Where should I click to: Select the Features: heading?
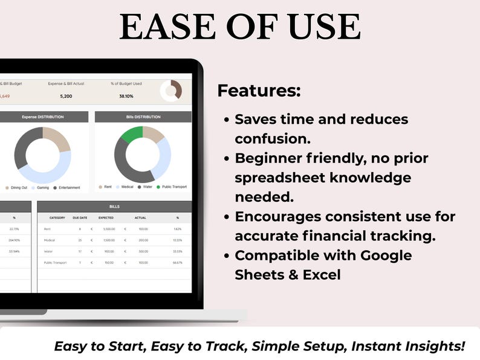point(259,91)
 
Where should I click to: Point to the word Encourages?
point(282,216)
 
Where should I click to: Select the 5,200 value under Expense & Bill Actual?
point(66,96)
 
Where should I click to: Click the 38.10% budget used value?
point(126,96)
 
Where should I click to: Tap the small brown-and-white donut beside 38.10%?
point(171,91)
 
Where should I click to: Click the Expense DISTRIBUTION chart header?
point(42,117)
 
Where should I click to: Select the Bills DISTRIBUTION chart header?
point(143,117)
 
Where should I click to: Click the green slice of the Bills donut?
point(131,133)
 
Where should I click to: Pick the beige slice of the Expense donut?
point(57,139)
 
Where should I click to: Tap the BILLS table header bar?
point(114,207)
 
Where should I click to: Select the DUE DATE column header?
point(80,217)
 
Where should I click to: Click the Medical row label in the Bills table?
point(50,240)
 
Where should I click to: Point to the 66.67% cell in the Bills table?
point(177,263)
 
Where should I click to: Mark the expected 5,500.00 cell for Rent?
point(108,229)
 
